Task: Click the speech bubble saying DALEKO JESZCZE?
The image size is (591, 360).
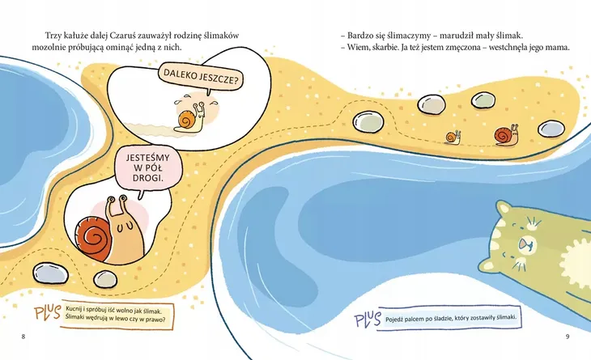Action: point(201,78)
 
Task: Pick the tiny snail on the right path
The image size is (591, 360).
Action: point(453,137)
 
